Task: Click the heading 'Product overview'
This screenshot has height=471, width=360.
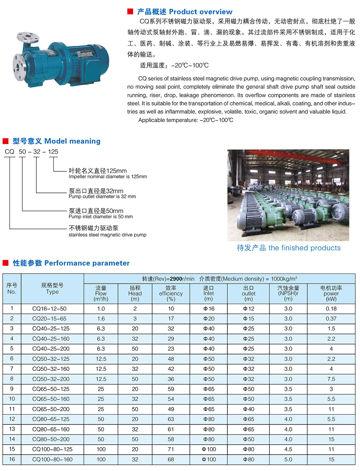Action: [x=201, y=12]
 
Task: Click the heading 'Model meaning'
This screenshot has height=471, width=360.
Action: [x=72, y=141]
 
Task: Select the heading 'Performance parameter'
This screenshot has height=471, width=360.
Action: [x=87, y=263]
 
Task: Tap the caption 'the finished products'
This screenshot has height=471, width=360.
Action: [x=304, y=248]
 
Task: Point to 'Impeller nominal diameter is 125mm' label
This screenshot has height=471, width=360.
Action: [x=108, y=176]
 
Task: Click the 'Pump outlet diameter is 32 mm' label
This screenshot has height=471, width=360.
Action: [x=102, y=196]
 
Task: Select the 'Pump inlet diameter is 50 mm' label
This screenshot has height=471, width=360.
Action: [x=101, y=216]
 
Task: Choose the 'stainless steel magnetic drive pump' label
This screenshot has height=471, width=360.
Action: [x=108, y=235]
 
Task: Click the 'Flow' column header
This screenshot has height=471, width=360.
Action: [x=101, y=293]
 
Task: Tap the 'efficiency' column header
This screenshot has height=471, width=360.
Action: [x=171, y=293]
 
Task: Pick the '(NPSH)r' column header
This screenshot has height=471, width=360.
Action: [x=288, y=293]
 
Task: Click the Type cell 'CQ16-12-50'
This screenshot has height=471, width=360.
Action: [x=52, y=309]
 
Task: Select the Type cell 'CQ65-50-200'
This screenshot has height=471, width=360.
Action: [x=52, y=409]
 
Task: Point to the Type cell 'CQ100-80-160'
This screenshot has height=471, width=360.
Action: [x=52, y=459]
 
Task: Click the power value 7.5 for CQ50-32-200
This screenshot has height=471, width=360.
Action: [x=331, y=379]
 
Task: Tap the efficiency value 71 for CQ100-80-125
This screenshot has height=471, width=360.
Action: [x=171, y=449]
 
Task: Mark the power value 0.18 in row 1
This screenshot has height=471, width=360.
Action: [x=331, y=309]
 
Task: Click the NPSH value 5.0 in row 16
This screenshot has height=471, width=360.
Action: [x=288, y=459]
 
